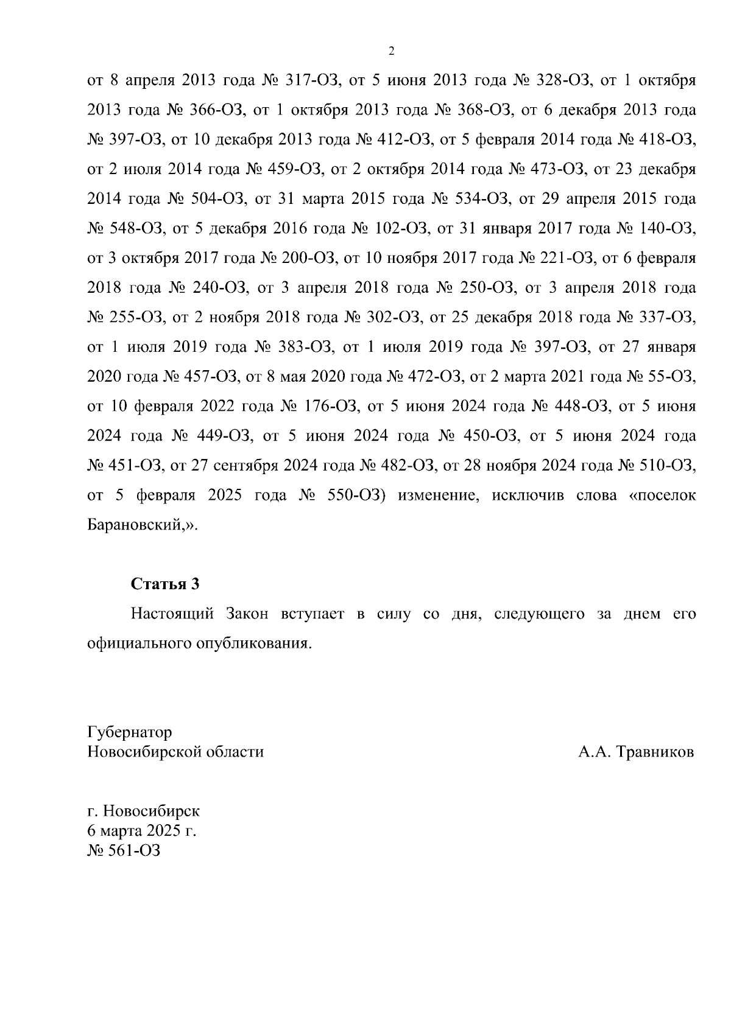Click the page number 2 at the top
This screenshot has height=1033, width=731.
pos(392,51)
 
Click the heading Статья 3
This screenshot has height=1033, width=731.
pos(165,584)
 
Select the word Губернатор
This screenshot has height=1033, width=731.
pos(129,732)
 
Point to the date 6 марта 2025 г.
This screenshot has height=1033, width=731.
pos(141,831)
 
